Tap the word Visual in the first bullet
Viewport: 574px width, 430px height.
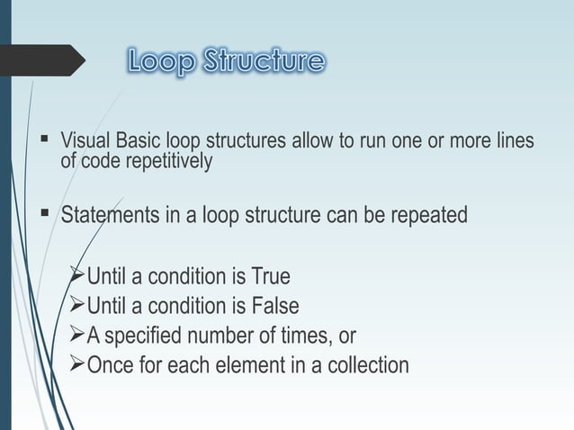pyautogui.click(x=84, y=142)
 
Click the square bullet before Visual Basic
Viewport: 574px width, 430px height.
pyautogui.click(x=44, y=140)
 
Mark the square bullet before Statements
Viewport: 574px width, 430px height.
pyautogui.click(x=44, y=215)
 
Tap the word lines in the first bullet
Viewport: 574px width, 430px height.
pyautogui.click(x=512, y=142)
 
